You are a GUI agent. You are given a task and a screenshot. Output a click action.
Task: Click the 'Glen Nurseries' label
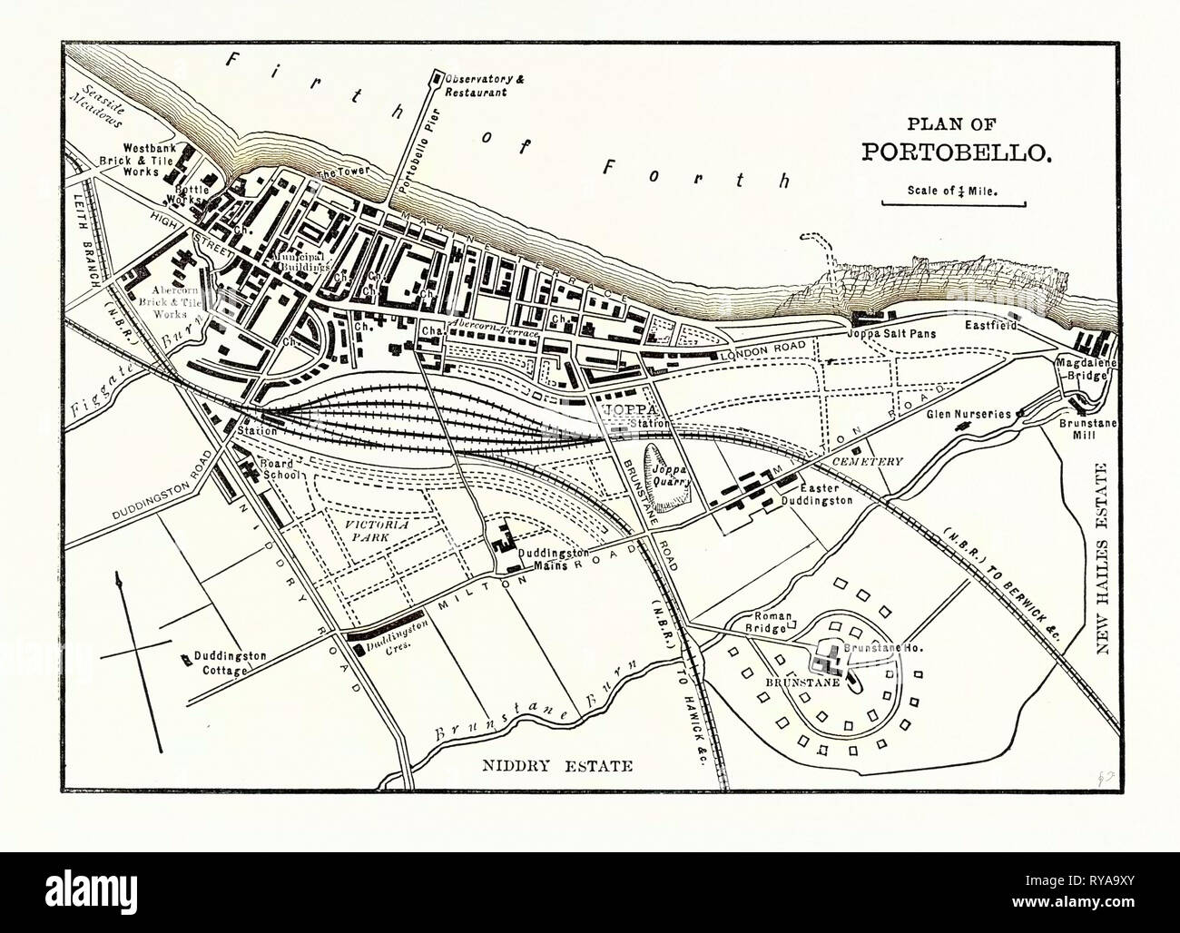(968, 413)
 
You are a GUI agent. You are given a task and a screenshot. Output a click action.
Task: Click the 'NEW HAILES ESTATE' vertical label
(1105, 570)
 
